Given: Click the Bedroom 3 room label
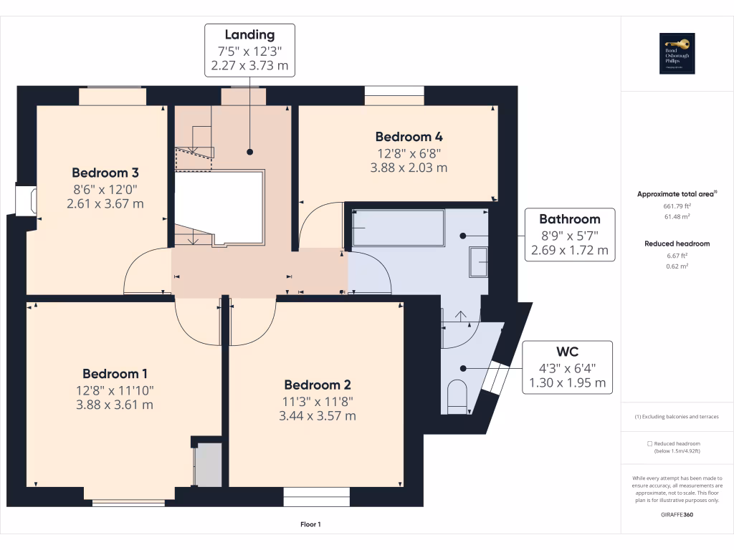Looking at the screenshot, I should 105,173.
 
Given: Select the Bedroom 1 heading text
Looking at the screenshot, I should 115,374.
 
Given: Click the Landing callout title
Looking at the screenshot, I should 249,35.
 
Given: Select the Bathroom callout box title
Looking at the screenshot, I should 569,219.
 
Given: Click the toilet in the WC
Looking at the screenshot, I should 457,395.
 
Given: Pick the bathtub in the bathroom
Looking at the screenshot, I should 399,228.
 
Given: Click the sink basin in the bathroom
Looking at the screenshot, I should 478,261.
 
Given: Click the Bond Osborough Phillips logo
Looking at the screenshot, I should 677,54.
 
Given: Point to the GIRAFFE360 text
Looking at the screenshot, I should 677,515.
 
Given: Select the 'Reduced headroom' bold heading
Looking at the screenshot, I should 677,243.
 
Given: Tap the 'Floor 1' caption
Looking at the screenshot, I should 310,525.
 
